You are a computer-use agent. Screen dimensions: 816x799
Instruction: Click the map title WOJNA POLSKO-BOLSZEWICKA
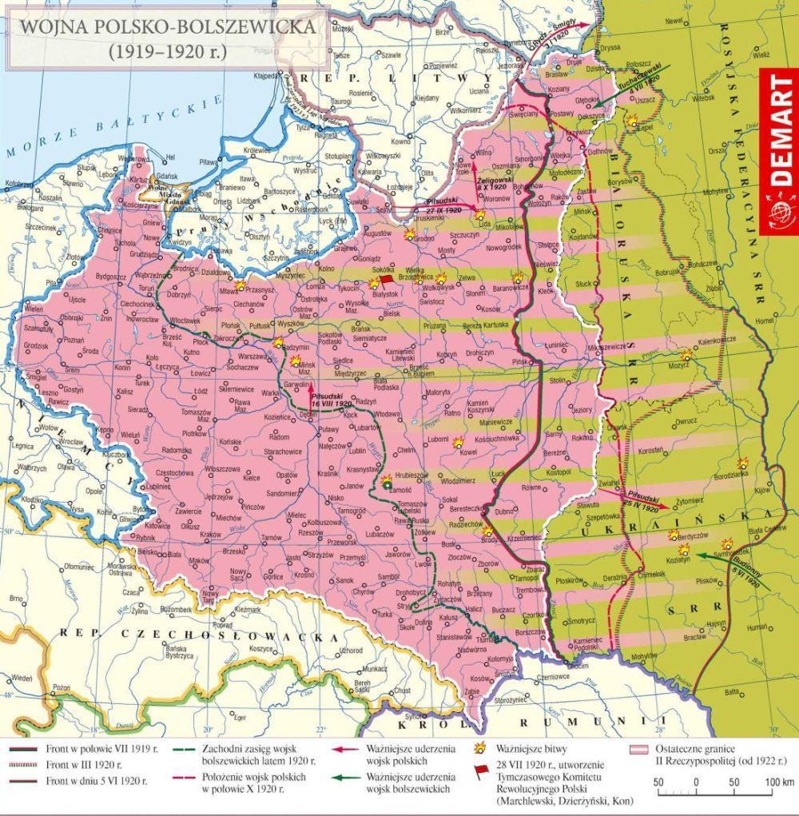167,28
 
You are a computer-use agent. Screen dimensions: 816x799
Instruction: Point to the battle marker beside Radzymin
278,342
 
